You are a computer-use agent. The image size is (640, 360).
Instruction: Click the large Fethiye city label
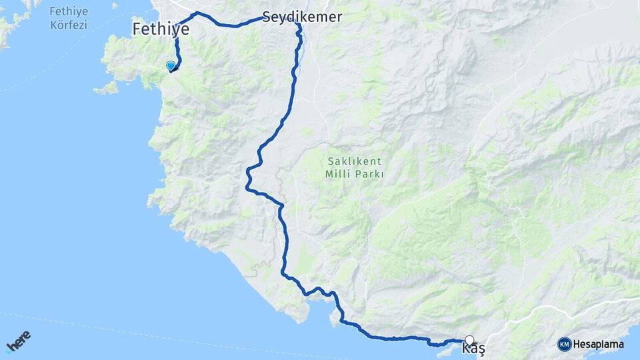click(x=161, y=29)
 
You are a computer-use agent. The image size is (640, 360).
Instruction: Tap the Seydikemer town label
click(x=302, y=17)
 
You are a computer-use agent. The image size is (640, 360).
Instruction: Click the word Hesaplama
click(x=598, y=345)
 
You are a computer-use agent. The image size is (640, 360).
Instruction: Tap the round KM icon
click(x=564, y=344)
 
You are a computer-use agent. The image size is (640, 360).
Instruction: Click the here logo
click(x=18, y=343)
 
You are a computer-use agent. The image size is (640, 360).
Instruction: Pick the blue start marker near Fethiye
click(x=171, y=65)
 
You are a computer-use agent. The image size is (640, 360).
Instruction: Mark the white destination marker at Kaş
click(x=469, y=339)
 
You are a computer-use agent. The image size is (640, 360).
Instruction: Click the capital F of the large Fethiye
click(x=137, y=29)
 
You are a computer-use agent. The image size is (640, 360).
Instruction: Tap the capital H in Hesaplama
click(x=577, y=345)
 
